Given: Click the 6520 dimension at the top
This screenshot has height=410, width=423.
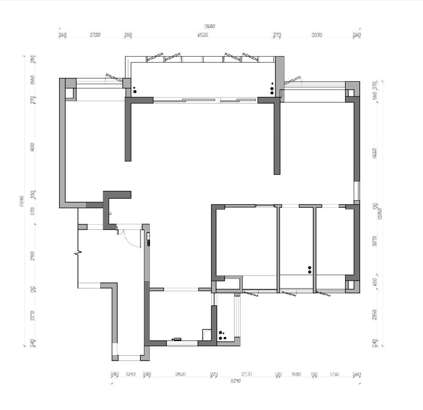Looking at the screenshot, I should pos(203,36).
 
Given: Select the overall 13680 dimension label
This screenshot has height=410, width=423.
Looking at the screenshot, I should pos(210,26).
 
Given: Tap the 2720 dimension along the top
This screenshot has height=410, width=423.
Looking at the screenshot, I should pos(95,36).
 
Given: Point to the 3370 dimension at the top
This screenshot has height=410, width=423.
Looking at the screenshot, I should pos(317,36).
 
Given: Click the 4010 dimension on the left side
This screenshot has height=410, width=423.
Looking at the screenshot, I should pos(33,147).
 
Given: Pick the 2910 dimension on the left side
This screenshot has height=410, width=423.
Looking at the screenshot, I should pos(33,256).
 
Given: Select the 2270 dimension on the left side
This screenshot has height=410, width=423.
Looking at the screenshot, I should pos(33,315).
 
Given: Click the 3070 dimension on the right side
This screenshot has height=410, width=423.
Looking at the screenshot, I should pos(374,241).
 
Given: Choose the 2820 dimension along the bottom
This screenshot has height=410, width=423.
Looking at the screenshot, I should pos(181,374).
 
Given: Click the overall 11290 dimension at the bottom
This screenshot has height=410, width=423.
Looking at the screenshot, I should pos(235,381).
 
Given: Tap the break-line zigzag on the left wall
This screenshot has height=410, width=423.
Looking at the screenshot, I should pos(78,253).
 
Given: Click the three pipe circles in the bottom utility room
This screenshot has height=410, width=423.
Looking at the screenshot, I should pos(222,336).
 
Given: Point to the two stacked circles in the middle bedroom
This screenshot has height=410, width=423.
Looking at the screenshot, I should pos(310,270).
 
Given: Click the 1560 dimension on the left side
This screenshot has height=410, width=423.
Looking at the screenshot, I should pos(33,80).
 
